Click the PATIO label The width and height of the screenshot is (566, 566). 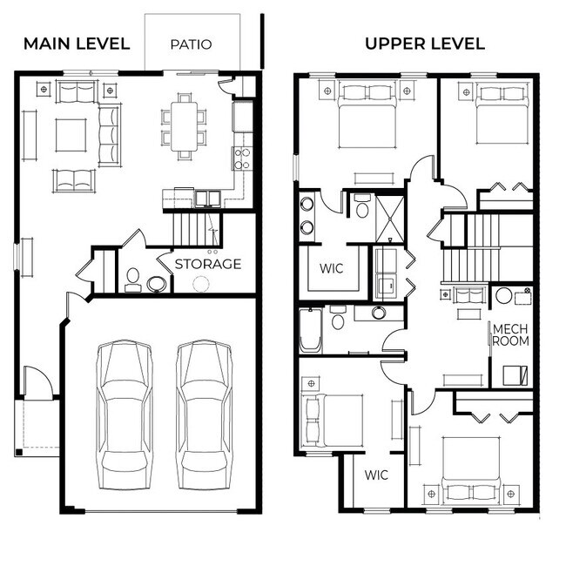point(191,44)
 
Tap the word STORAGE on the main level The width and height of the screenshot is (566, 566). point(208,264)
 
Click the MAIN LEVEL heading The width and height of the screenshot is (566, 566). point(77,44)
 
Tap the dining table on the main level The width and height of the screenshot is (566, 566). point(184,127)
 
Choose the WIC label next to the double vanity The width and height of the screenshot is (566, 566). point(333,269)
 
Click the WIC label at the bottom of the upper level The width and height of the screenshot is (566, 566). point(376,475)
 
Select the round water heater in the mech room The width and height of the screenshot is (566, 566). point(504,296)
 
